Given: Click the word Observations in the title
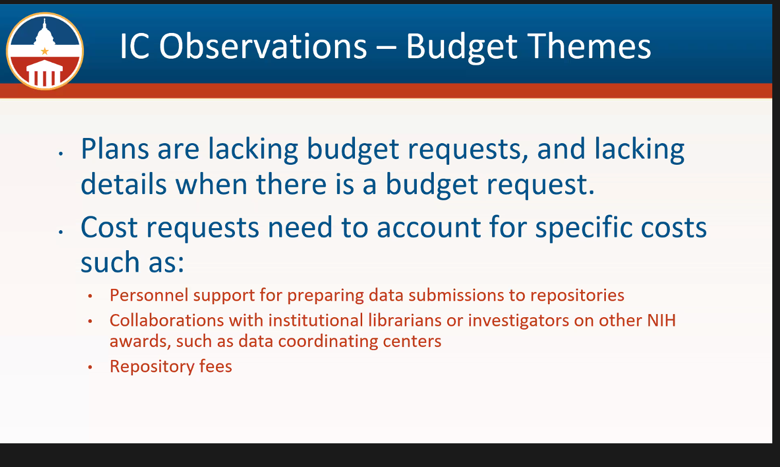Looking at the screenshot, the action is [263, 46].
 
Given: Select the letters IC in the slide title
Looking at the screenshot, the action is [135, 46].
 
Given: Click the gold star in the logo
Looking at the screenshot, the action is [45, 51].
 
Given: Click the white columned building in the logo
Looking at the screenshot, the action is [45, 73].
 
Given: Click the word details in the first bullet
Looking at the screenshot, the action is [124, 184].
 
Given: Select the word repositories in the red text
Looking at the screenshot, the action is [578, 296].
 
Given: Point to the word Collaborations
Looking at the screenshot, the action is [167, 320].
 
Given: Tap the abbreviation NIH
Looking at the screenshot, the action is [662, 320].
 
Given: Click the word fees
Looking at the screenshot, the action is [215, 367].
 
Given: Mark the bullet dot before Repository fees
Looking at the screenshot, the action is [90, 367].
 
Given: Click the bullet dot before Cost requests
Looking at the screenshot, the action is [61, 232].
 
